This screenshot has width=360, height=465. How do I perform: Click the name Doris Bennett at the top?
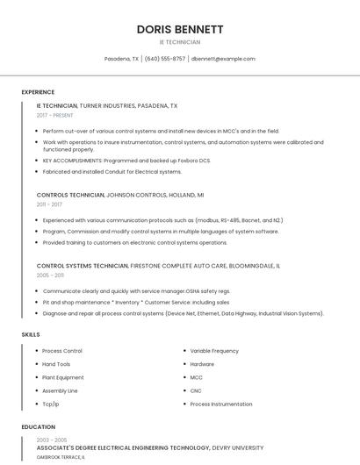179,29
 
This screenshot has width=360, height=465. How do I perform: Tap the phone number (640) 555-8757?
165,59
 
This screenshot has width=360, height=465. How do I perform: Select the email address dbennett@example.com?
223,59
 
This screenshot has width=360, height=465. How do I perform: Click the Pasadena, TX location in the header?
121,59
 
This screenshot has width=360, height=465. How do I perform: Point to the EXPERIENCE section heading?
38,92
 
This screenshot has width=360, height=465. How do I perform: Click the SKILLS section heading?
31,334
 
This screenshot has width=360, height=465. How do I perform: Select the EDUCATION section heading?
38,427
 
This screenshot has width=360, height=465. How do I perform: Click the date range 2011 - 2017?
49,204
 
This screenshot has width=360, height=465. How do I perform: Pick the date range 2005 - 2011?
50,275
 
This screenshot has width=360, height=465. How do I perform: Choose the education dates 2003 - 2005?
52,439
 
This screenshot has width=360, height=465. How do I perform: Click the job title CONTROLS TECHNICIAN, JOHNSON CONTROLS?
120,195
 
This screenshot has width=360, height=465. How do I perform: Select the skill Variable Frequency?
214,351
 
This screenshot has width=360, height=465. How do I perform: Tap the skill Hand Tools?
56,364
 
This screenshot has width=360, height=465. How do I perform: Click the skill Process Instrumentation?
221,404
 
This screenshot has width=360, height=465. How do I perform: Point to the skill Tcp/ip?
51,404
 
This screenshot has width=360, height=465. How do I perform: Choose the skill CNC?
196,390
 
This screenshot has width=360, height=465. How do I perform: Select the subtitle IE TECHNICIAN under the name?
179,42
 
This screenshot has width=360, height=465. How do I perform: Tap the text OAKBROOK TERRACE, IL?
61,457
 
